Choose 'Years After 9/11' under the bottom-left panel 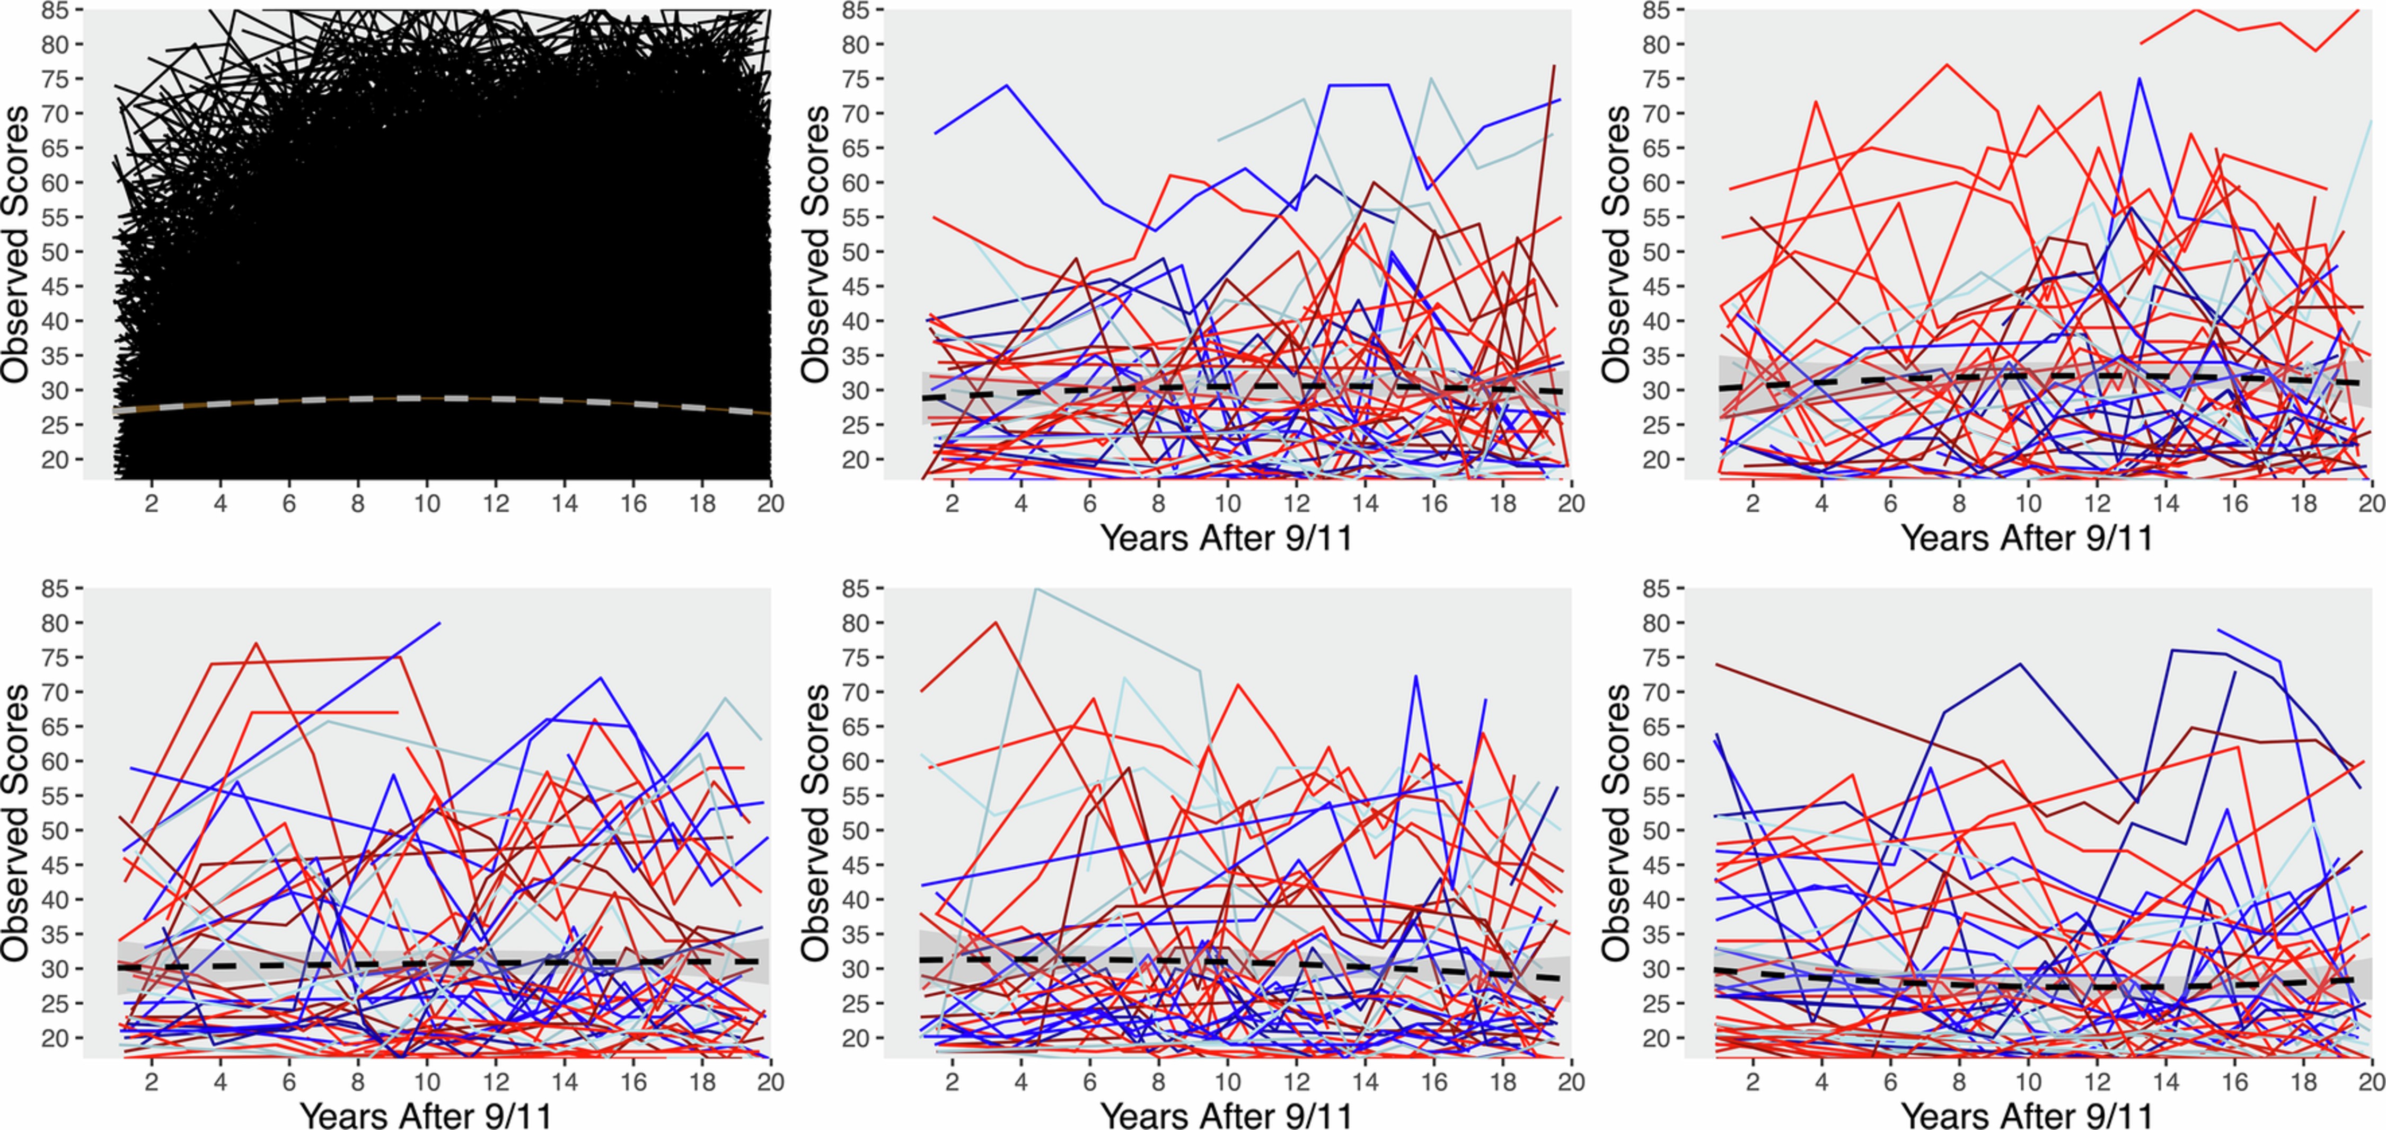coord(426,1115)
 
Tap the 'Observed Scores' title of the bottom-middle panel coord(816,822)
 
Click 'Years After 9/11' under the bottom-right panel coord(2027,1115)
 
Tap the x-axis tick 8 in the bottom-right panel coord(1959,1082)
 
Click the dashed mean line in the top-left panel coord(426,398)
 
